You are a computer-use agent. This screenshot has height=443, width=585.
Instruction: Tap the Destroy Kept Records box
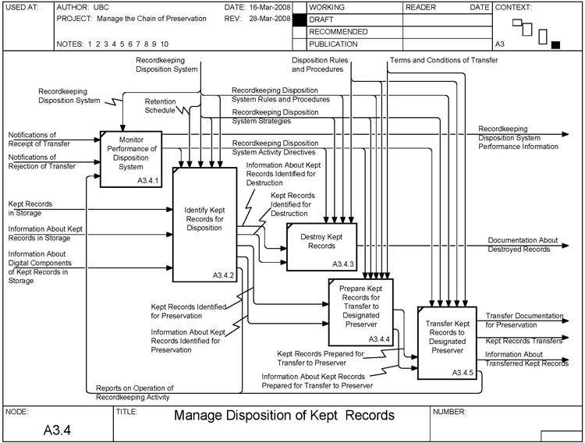point(321,246)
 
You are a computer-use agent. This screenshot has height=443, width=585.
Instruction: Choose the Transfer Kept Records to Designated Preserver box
point(447,340)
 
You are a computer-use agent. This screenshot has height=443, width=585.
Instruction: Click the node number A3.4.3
point(343,264)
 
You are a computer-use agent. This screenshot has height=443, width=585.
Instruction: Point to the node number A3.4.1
point(148,180)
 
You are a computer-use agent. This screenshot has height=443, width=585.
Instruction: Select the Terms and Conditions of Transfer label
point(443,60)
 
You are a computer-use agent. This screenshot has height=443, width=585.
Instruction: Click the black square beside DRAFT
point(299,19)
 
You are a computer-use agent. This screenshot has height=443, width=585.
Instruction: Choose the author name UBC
point(101,6)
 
